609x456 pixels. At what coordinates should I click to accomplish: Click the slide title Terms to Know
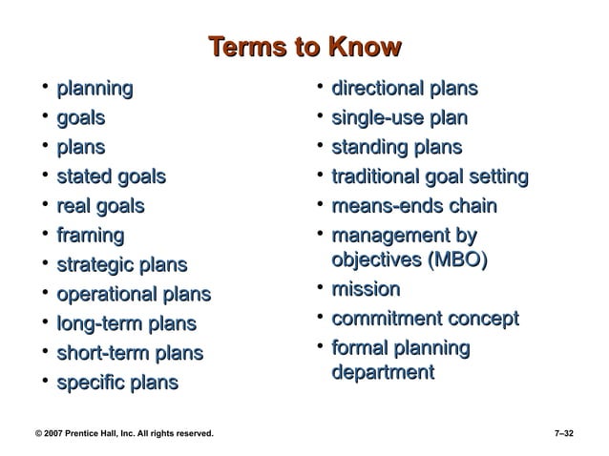[304, 48]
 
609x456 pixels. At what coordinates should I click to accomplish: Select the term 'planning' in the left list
[94, 90]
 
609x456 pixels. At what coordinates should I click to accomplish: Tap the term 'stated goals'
[111, 176]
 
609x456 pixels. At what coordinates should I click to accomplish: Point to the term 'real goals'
[100, 206]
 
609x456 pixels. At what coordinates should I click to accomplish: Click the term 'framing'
[91, 235]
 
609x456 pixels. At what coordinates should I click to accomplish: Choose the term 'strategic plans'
[122, 265]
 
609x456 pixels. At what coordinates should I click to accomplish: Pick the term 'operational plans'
[134, 295]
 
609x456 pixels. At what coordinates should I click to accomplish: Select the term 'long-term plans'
[126, 324]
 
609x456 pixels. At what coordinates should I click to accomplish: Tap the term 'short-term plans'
[130, 354]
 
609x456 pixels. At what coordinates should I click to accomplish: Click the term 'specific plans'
[117, 383]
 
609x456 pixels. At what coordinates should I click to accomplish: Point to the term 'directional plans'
[404, 90]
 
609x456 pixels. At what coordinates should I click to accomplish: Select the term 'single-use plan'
[399, 119]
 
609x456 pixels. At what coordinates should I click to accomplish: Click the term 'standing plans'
[396, 148]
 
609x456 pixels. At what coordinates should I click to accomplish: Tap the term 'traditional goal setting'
[429, 176]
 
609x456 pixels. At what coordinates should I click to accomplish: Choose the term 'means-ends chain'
[414, 206]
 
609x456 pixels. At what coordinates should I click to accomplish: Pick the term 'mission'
[366, 289]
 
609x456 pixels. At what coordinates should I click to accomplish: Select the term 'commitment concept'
[425, 319]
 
